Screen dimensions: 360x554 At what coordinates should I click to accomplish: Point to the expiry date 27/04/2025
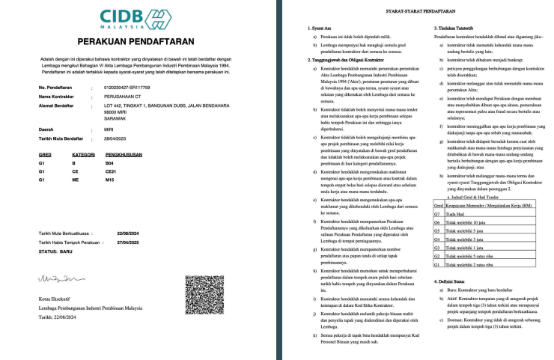pos(129,242)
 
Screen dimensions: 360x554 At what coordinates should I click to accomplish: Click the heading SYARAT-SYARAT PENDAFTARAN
pos(418,12)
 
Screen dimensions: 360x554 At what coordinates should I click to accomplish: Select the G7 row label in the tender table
pos(436,213)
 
